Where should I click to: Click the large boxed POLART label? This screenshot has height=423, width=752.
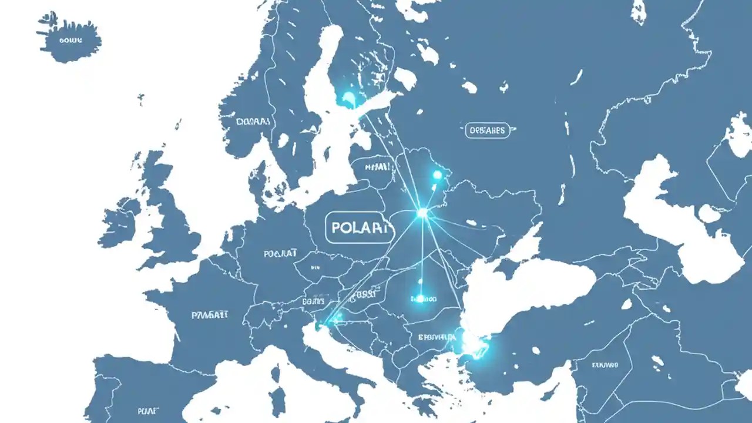(x=359, y=227)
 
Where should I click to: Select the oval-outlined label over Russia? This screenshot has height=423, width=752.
(x=488, y=130)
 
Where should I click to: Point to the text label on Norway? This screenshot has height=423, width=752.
(x=253, y=122)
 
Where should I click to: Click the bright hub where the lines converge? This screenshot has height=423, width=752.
(x=422, y=213)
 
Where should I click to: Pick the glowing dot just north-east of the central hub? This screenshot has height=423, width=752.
(x=437, y=174)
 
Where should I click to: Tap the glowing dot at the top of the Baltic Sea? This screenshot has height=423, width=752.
(x=348, y=98)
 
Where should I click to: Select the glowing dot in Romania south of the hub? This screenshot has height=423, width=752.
(x=420, y=298)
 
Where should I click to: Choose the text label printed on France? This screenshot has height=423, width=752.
(x=210, y=315)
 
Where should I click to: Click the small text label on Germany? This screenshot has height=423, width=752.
(x=280, y=254)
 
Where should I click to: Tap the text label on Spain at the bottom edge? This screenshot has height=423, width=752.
(x=147, y=411)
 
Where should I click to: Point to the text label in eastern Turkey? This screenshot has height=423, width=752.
(x=605, y=365)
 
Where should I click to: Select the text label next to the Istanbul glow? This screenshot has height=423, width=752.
(x=437, y=337)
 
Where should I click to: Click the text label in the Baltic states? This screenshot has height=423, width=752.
(x=377, y=167)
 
